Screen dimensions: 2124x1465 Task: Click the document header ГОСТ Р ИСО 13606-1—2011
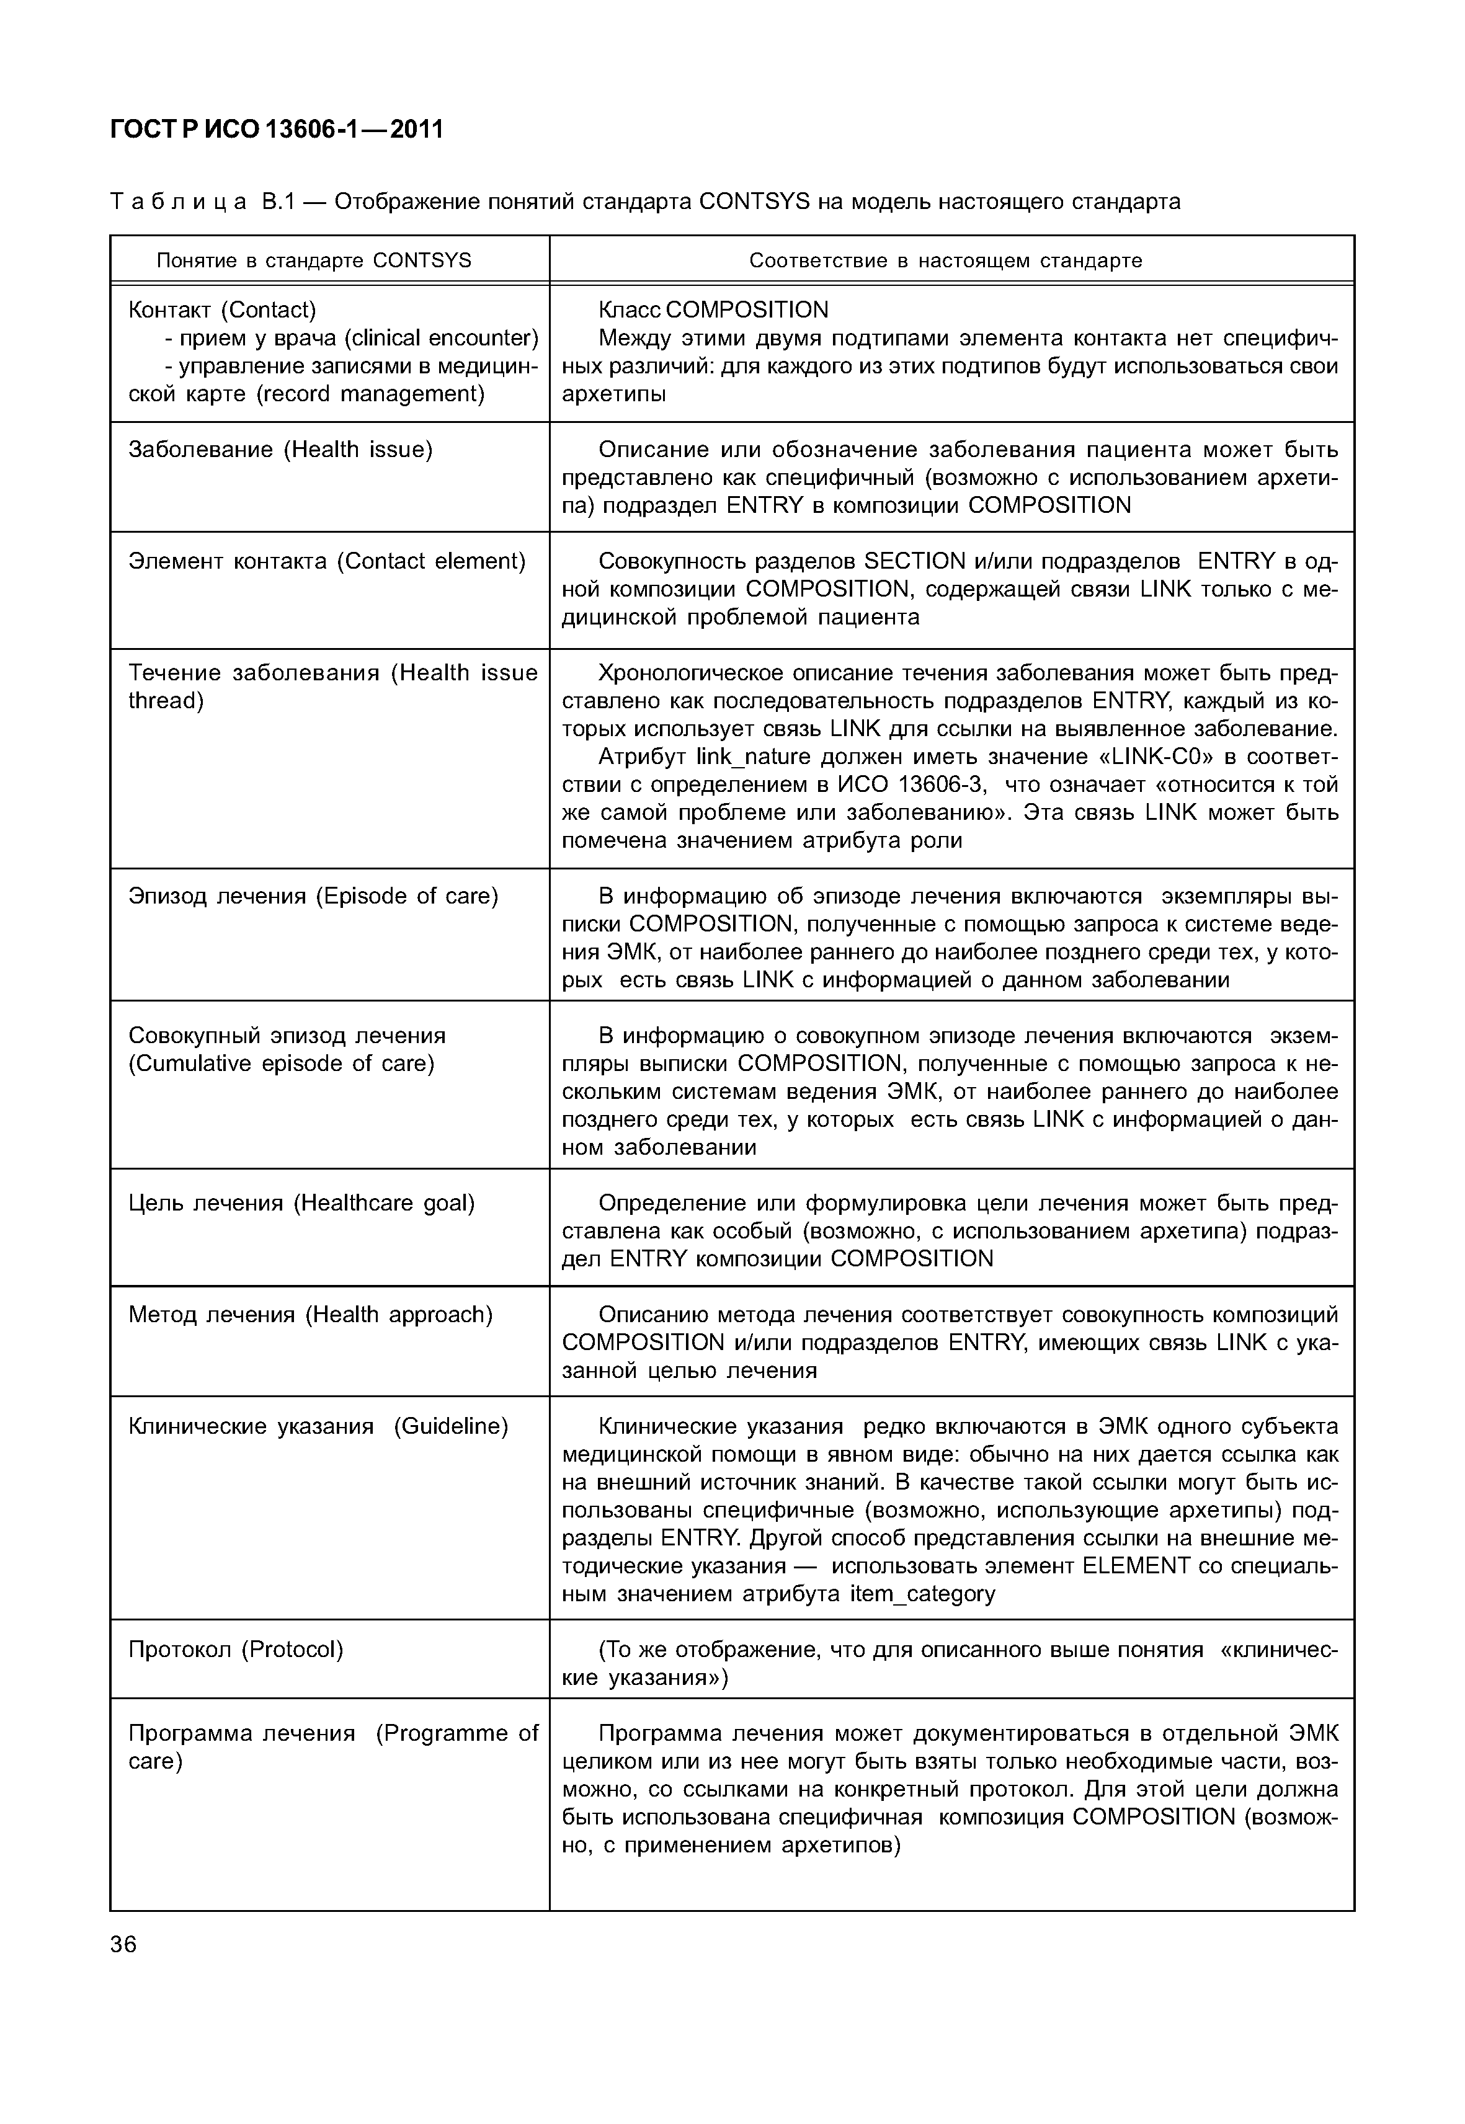point(276,130)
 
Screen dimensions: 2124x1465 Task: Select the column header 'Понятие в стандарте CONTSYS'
point(314,260)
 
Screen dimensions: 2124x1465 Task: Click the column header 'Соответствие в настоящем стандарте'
point(945,260)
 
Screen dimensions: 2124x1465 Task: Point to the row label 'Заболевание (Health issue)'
point(280,450)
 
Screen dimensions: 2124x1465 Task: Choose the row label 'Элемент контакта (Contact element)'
point(327,561)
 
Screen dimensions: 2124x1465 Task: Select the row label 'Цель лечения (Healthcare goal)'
point(301,1202)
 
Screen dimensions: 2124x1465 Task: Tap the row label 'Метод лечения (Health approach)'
point(310,1315)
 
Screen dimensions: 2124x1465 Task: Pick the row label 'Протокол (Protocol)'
point(236,1650)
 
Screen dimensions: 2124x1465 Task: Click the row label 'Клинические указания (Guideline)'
point(318,1426)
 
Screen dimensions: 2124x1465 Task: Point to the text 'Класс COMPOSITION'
point(713,310)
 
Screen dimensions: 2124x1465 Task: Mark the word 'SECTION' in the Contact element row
point(915,561)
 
